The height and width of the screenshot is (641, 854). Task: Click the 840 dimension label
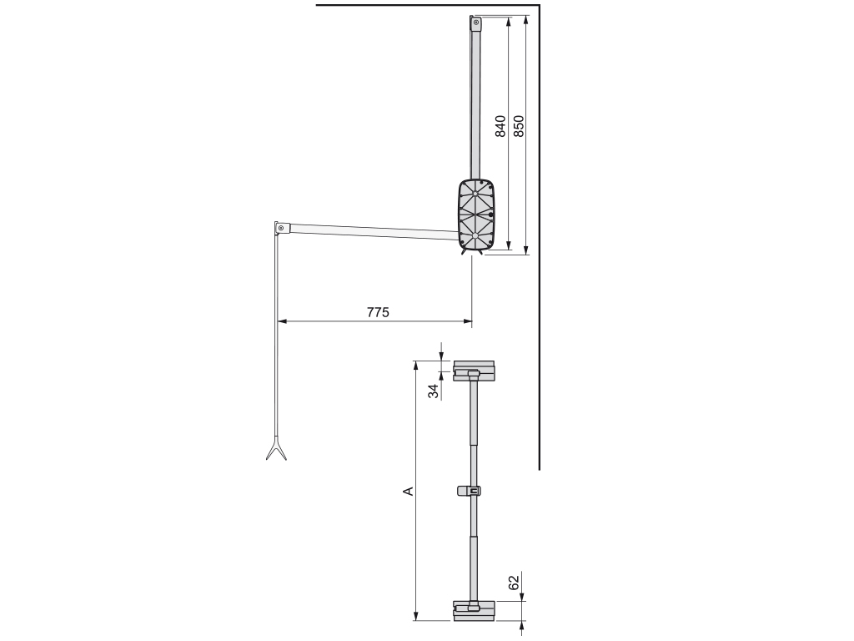[x=500, y=126]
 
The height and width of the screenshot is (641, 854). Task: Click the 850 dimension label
[x=518, y=126]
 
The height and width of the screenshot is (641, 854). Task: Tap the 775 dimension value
[x=378, y=312]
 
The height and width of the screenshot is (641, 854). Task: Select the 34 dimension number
[x=434, y=391]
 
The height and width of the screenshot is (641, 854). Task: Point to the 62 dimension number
[x=514, y=582]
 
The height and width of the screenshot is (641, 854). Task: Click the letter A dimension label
[x=408, y=491]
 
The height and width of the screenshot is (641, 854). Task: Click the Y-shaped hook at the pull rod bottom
[x=276, y=451]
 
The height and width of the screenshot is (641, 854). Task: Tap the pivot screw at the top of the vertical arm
[x=476, y=23]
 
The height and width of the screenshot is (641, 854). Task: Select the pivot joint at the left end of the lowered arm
[x=281, y=228]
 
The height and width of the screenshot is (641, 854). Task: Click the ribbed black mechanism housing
[x=475, y=215]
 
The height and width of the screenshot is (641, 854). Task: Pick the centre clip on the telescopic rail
[x=470, y=491]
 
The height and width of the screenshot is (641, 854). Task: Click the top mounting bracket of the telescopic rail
[x=474, y=371]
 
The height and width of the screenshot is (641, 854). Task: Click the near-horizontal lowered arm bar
[x=371, y=231]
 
